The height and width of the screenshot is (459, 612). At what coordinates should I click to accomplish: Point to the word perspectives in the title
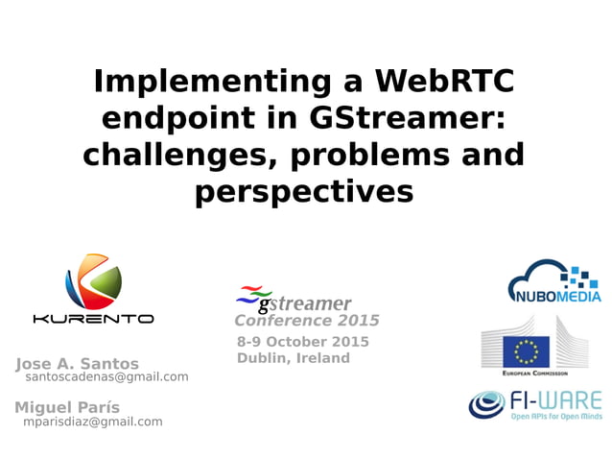click(304, 191)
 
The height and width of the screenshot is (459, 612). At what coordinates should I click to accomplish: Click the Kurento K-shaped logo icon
click(93, 280)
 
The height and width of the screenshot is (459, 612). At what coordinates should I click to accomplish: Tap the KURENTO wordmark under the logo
click(93, 319)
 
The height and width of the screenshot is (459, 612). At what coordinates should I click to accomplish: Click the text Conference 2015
click(307, 321)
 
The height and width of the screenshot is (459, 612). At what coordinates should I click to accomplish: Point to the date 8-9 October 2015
click(302, 342)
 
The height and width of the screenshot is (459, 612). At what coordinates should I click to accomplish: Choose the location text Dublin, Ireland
click(293, 358)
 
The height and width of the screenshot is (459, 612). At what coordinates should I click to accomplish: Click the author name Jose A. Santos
click(77, 364)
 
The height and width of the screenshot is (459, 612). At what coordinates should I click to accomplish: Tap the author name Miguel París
click(67, 407)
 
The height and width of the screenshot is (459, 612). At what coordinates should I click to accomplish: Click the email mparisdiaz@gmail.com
click(92, 422)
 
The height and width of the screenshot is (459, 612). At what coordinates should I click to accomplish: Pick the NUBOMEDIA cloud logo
click(553, 281)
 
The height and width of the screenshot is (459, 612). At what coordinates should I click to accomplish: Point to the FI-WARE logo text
click(556, 399)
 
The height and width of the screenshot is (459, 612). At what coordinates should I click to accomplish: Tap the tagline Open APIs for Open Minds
click(556, 417)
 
